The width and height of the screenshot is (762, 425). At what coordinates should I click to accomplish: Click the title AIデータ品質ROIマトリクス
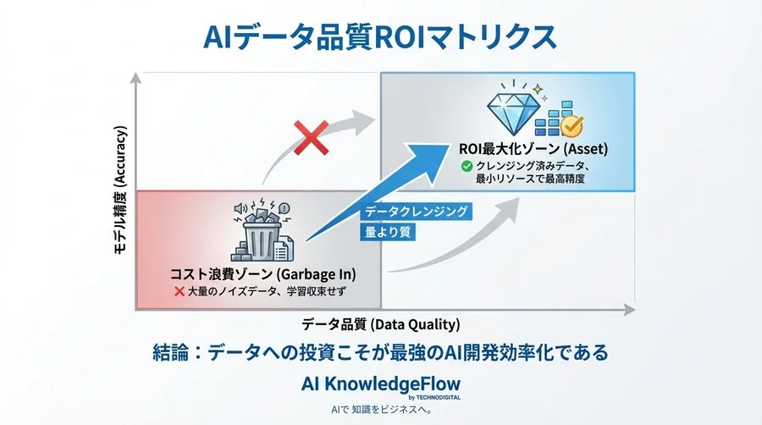381,37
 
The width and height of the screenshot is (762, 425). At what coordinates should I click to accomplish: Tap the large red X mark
311,137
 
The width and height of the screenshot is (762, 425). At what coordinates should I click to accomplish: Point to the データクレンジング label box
416,212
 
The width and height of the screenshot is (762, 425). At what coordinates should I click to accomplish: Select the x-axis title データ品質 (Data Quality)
381,323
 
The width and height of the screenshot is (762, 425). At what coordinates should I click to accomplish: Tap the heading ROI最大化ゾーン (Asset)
533,150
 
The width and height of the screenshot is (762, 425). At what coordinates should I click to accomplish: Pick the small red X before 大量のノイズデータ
179,291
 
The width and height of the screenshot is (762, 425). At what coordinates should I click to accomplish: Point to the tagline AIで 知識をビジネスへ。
381,410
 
